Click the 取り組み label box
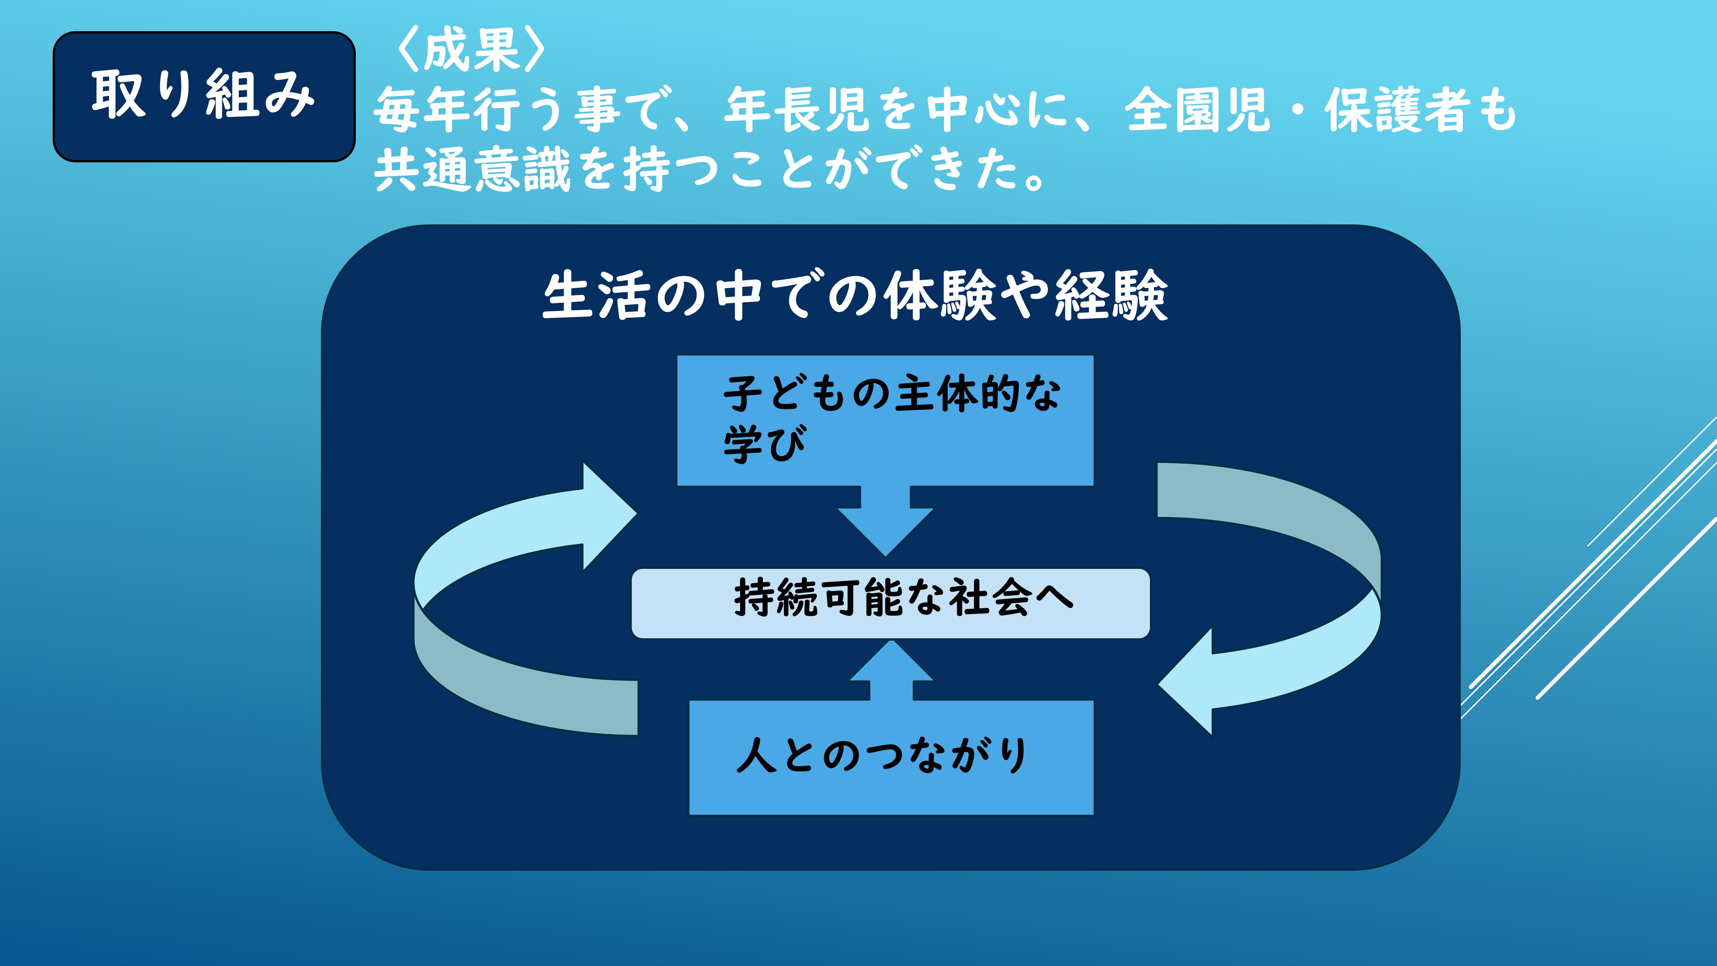[x=204, y=97]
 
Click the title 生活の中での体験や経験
[x=855, y=295]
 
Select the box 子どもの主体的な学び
[x=885, y=421]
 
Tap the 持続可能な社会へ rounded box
[x=890, y=603]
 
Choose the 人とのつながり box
[x=891, y=757]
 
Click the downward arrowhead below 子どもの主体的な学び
[x=886, y=531]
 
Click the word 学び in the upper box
[x=765, y=444]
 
